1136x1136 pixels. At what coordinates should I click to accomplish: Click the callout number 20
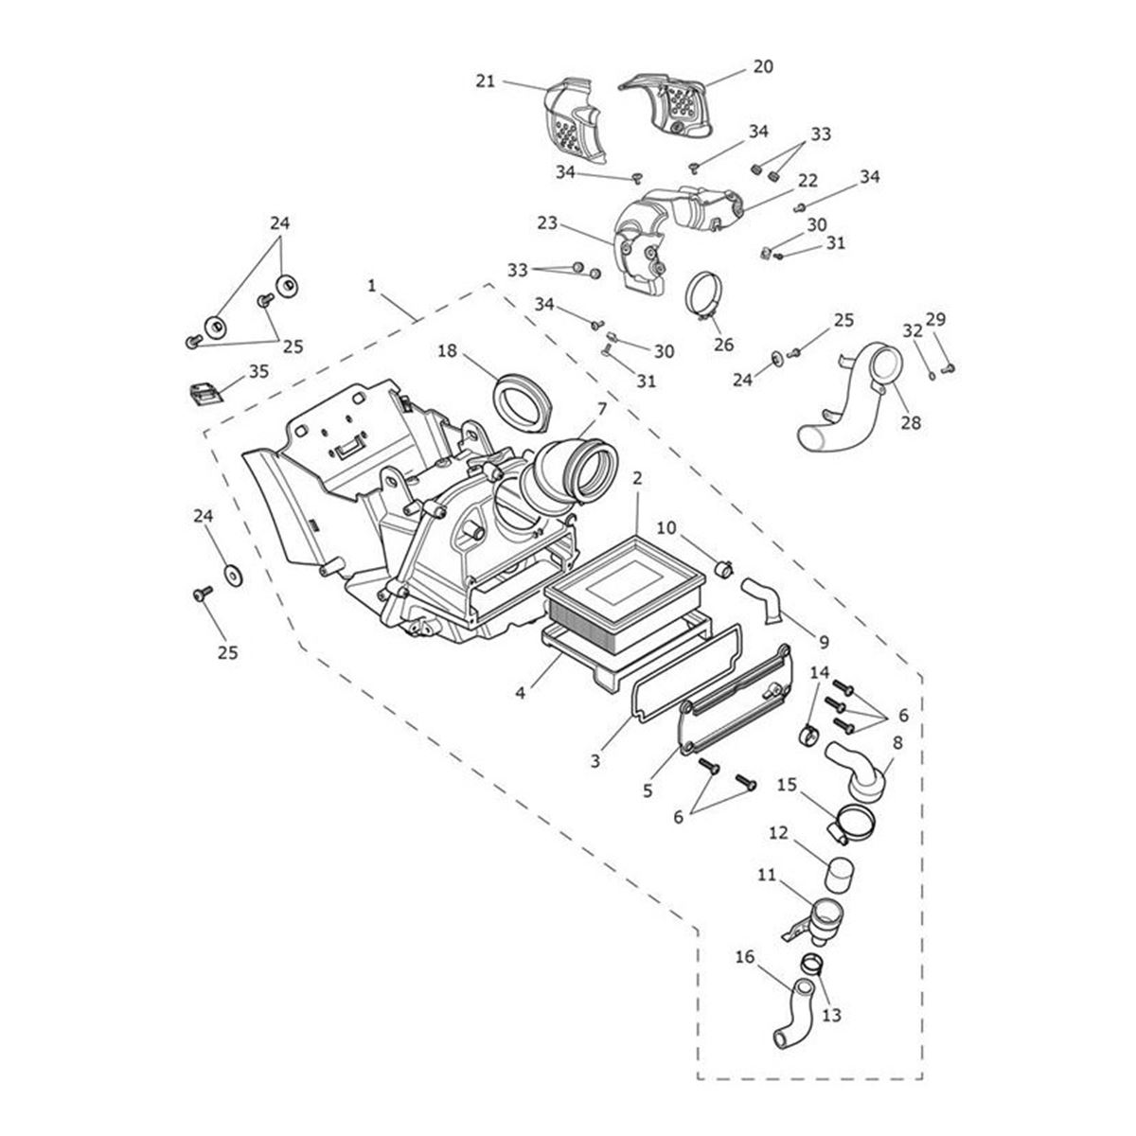click(x=762, y=67)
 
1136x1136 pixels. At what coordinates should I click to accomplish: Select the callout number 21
click(x=486, y=81)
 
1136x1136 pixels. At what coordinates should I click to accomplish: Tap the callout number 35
click(x=258, y=371)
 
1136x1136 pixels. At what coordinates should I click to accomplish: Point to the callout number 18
click(x=448, y=351)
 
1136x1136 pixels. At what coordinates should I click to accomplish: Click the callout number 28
click(x=910, y=422)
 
